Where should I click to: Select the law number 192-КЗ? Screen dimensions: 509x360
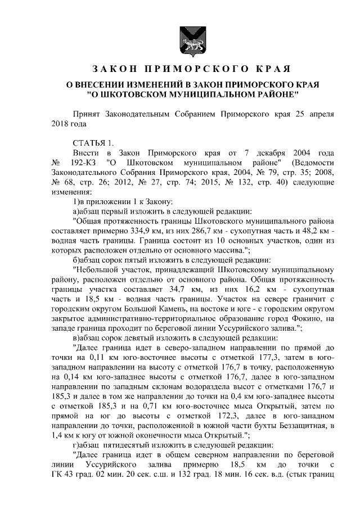[x=84, y=163]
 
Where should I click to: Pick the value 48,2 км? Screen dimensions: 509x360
[x=316, y=230]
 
